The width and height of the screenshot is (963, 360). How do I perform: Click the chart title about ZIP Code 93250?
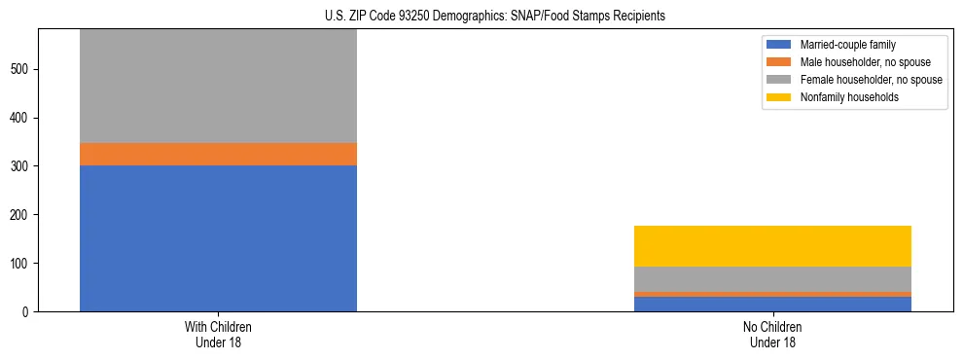point(495,17)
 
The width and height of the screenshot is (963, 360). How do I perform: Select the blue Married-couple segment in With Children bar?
point(218,238)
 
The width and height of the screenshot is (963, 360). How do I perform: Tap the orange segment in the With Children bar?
point(218,154)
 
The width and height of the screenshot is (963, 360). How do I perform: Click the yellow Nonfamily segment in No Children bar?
point(772,246)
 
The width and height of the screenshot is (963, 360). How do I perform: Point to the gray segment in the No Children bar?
point(772,279)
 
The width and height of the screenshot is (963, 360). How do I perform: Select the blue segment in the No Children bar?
point(772,304)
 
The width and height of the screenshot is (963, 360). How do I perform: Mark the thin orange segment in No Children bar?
point(772,294)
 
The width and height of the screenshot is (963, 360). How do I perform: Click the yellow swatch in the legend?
point(779,97)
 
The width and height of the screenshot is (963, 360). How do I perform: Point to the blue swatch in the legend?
point(779,45)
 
